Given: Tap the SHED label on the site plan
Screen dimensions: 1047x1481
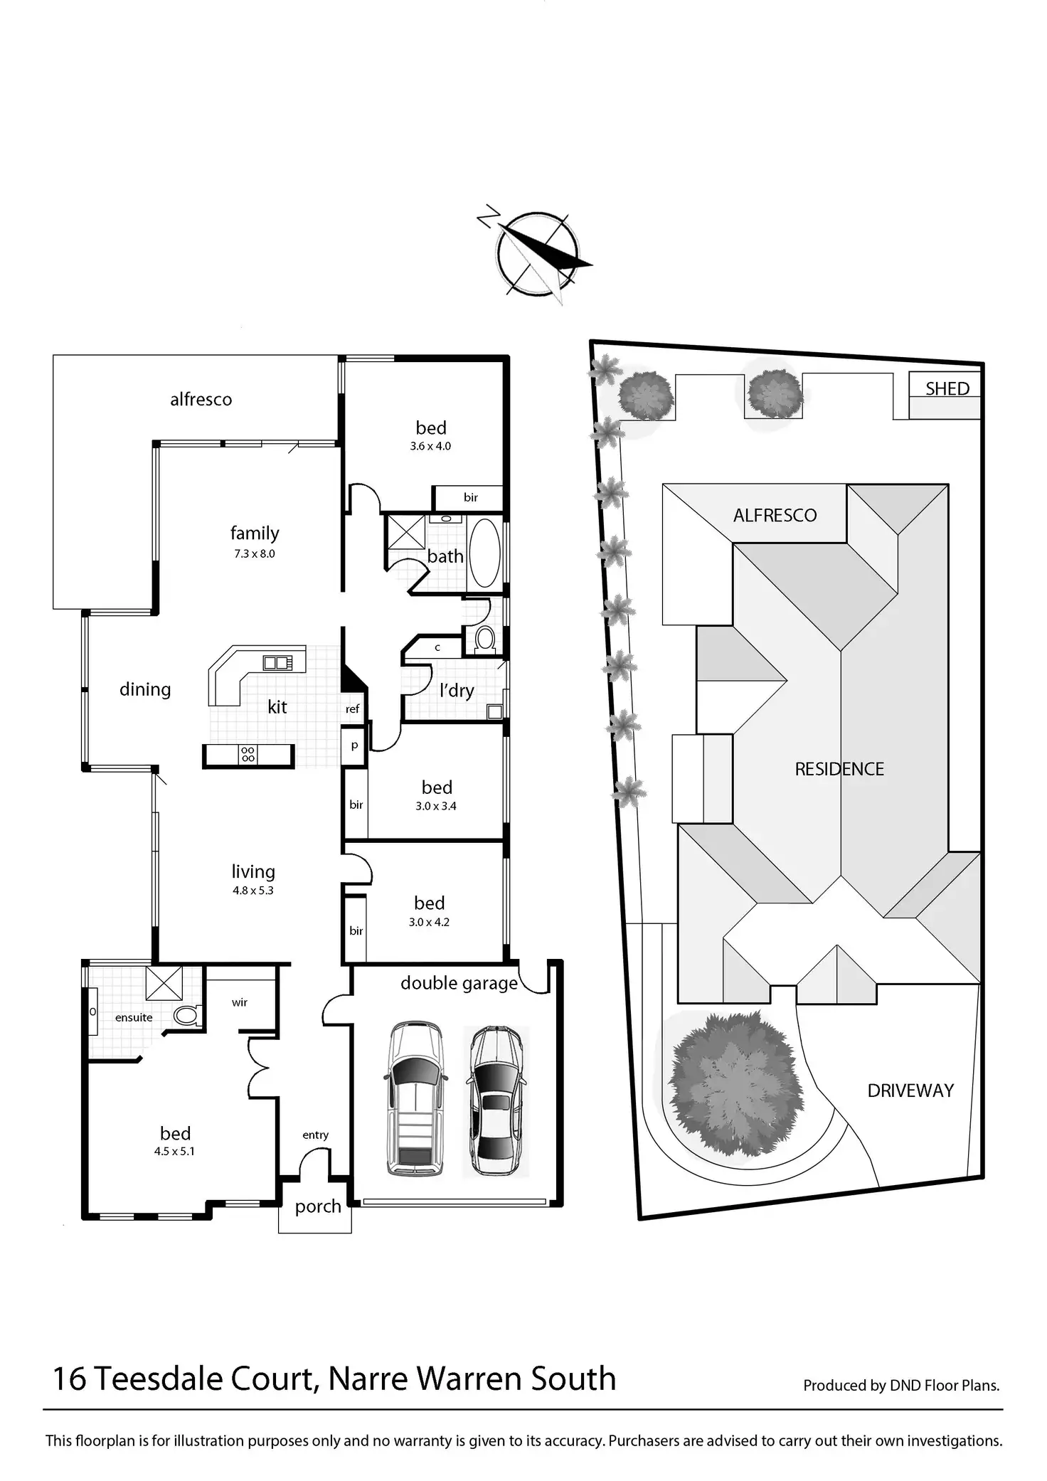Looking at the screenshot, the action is pos(947,388).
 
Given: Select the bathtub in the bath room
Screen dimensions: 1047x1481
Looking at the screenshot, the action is pos(485,553).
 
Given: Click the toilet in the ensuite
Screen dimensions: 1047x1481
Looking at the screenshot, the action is pos(187,1015).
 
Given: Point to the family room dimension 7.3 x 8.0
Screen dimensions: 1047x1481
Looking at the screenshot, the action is pos(255,553).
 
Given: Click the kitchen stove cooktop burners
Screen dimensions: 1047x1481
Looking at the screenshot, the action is pos(248,755).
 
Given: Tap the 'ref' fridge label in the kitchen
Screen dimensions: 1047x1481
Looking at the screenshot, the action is pos(353,709).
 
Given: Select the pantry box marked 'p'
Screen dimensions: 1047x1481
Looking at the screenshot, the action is pos(354,746).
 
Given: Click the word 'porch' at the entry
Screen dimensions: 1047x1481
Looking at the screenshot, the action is pos(318,1206).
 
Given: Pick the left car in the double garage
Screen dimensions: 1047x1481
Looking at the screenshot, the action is pos(415,1098).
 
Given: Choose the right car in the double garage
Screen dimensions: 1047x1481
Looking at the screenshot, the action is pos(496,1100).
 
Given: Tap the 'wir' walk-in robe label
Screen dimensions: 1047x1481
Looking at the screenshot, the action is pos(240,1002).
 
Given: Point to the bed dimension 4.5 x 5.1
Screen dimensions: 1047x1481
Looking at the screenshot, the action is pos(174,1151).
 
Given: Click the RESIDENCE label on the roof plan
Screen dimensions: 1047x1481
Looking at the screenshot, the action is pos(839,769).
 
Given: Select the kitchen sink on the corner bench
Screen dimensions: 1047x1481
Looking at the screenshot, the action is pos(277,663).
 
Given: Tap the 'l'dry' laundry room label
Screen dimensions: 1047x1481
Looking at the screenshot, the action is pos(457,690).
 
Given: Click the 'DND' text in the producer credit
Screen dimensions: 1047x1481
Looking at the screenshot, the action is pos(905,1385).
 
